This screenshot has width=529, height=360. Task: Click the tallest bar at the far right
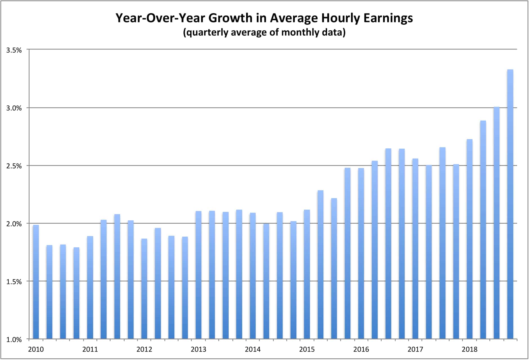(x=510, y=204)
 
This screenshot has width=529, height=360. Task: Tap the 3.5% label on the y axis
(x=14, y=50)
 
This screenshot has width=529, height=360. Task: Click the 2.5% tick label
(x=14, y=166)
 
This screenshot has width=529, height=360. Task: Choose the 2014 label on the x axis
(x=253, y=349)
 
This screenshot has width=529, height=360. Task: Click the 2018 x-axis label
(x=469, y=349)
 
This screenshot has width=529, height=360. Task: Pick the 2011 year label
(x=90, y=349)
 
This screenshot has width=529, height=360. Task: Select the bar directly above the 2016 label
(x=361, y=253)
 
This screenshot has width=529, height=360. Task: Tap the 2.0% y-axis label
(x=14, y=224)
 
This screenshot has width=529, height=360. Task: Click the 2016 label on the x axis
(x=361, y=349)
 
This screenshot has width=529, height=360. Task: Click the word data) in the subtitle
(x=334, y=33)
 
